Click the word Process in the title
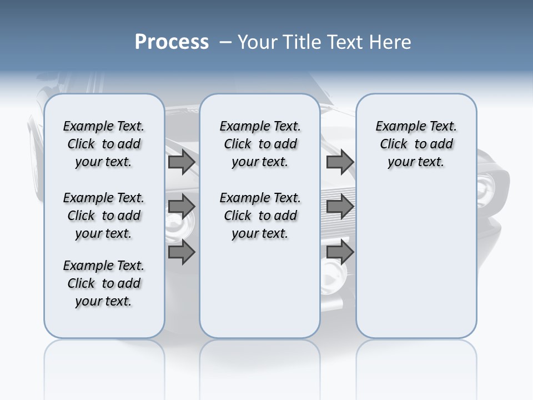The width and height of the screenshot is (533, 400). point(172,42)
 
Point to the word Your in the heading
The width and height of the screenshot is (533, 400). point(258,42)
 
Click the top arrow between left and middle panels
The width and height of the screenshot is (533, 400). point(182,162)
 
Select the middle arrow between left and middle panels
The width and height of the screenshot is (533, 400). point(182,207)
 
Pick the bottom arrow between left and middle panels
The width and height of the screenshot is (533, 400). point(182,252)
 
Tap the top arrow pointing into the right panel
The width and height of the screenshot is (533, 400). point(340,162)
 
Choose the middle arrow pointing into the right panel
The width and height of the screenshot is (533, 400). point(340,207)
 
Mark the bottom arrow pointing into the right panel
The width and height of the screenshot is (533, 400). point(340,252)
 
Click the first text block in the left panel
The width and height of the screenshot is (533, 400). point(104,144)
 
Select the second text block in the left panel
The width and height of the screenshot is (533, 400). point(104,216)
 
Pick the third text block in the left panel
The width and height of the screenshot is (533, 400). point(104,283)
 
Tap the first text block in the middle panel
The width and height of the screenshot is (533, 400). point(260,144)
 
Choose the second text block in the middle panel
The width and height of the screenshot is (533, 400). point(260,216)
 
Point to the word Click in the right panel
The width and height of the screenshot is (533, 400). point(394,144)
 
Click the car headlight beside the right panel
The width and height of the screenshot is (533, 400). point(489,183)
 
